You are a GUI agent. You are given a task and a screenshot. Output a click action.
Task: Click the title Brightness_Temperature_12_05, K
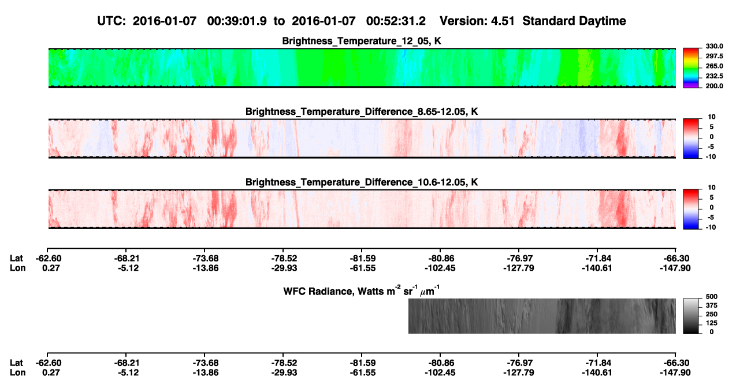[362, 41]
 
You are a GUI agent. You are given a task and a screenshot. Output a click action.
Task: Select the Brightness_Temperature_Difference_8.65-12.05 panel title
[362, 111]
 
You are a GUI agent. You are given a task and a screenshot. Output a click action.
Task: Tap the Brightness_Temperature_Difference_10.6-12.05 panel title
[362, 182]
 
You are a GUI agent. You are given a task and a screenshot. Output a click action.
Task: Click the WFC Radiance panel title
[362, 291]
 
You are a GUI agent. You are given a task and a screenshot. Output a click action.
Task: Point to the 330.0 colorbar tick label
[714, 46]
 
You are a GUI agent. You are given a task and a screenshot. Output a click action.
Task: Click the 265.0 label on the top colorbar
[714, 66]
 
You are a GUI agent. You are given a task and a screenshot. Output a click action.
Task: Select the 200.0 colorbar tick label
[714, 86]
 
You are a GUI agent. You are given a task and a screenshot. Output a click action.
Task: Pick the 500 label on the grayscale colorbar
[712, 297]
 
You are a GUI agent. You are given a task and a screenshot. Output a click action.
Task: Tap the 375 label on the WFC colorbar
[712, 305]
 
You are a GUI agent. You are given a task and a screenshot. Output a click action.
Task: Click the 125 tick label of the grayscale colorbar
[712, 323]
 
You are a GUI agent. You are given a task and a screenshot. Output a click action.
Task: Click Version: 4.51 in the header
[477, 21]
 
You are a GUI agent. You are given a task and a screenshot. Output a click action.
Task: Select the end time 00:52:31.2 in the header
[396, 21]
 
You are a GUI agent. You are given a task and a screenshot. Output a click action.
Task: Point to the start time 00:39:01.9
[237, 21]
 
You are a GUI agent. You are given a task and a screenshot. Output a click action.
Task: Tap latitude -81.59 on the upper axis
[362, 259]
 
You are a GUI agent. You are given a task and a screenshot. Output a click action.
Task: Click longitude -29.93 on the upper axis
[284, 268]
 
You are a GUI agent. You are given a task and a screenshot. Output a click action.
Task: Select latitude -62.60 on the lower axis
[49, 363]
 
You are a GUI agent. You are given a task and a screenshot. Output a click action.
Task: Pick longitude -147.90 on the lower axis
[675, 373]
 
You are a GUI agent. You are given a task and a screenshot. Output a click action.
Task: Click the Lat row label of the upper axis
[16, 259]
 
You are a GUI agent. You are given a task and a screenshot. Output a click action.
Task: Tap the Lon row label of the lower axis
[17, 373]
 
